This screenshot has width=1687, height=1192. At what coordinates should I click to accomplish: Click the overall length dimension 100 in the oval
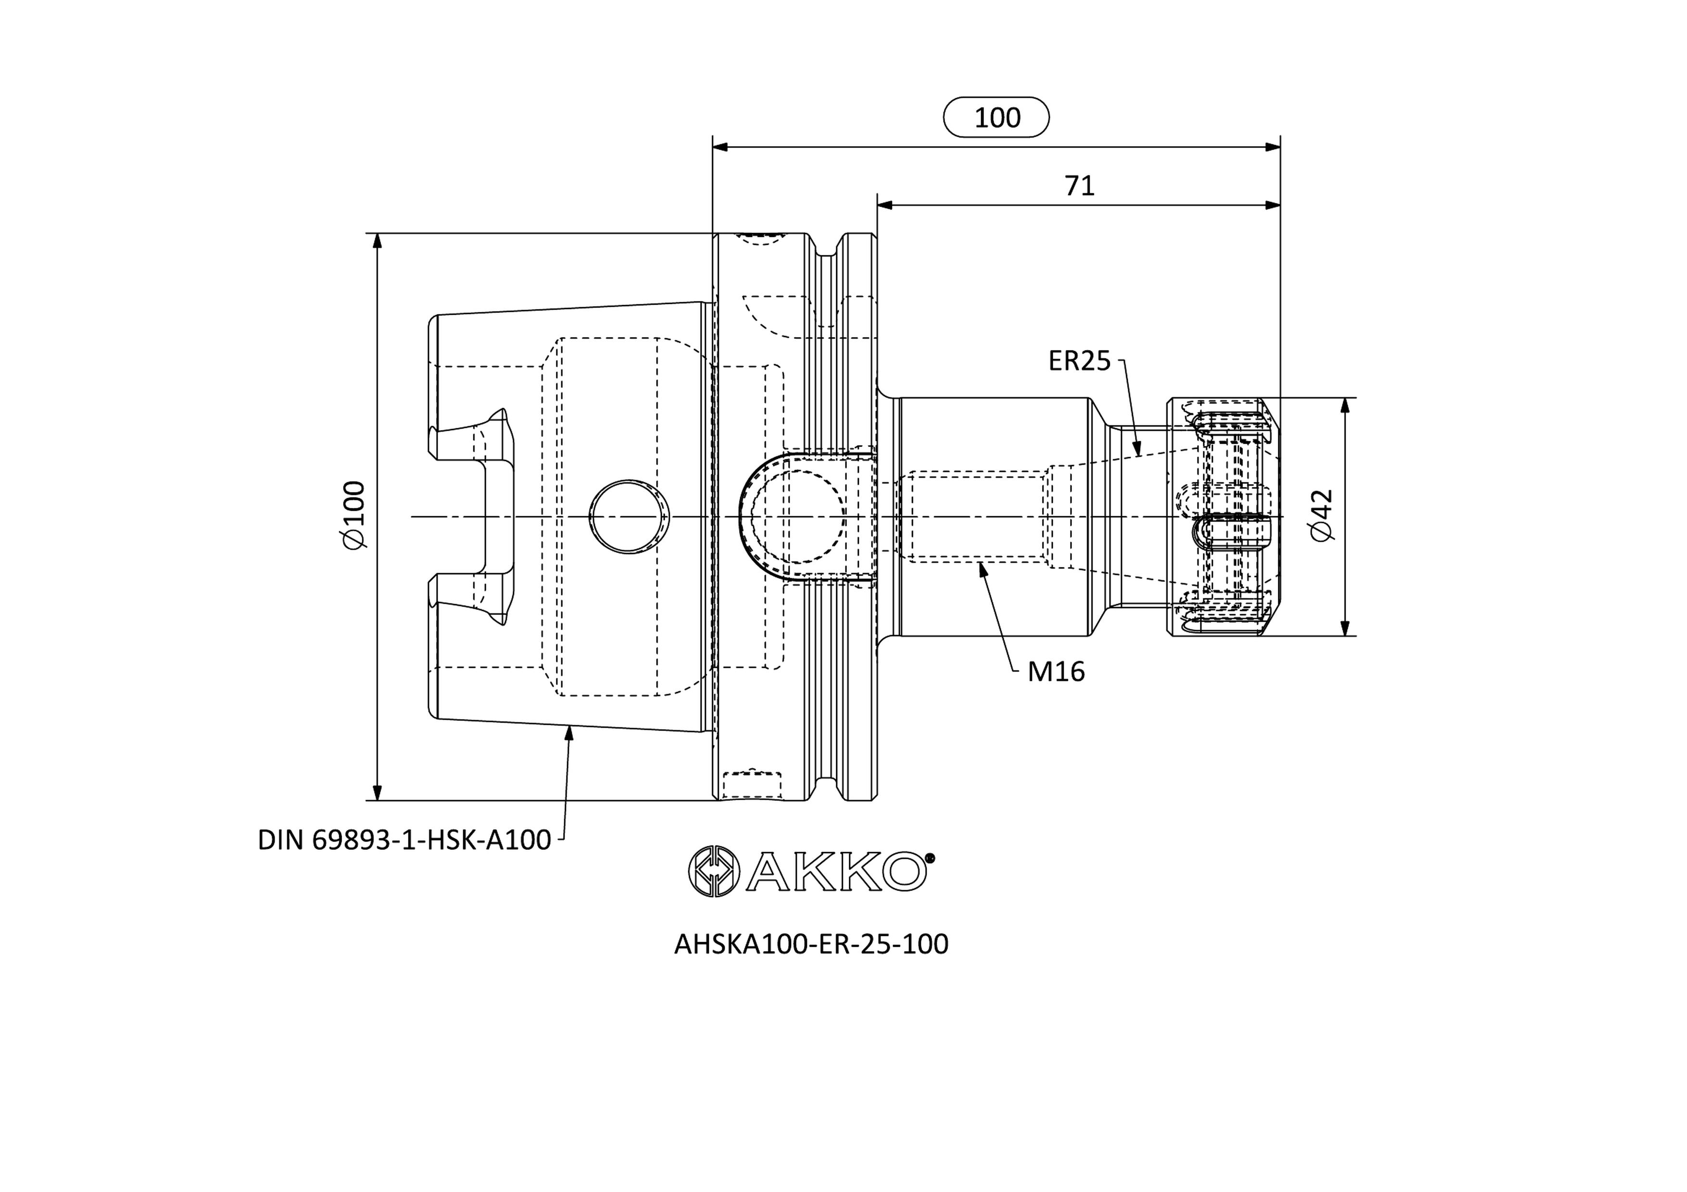pyautogui.click(x=996, y=117)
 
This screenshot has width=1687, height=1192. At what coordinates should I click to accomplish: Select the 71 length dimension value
pyautogui.click(x=1079, y=186)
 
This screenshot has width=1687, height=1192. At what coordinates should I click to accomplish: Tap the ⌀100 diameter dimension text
pyautogui.click(x=354, y=515)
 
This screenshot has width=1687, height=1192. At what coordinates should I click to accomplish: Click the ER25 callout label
pyautogui.click(x=1079, y=361)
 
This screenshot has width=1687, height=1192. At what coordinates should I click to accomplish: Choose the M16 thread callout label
pyautogui.click(x=1056, y=671)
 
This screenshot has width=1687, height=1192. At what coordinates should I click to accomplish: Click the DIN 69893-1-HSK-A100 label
pyautogui.click(x=404, y=840)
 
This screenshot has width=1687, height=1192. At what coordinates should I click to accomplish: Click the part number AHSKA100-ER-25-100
pyautogui.click(x=811, y=944)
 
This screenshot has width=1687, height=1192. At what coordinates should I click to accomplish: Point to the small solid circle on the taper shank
pyautogui.click(x=629, y=517)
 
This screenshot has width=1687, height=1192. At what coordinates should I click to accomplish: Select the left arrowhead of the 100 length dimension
pyautogui.click(x=721, y=147)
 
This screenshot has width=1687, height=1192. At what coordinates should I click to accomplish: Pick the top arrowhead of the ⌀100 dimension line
pyautogui.click(x=378, y=242)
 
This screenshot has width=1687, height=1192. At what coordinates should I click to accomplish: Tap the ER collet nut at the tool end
pyautogui.click(x=1224, y=517)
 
